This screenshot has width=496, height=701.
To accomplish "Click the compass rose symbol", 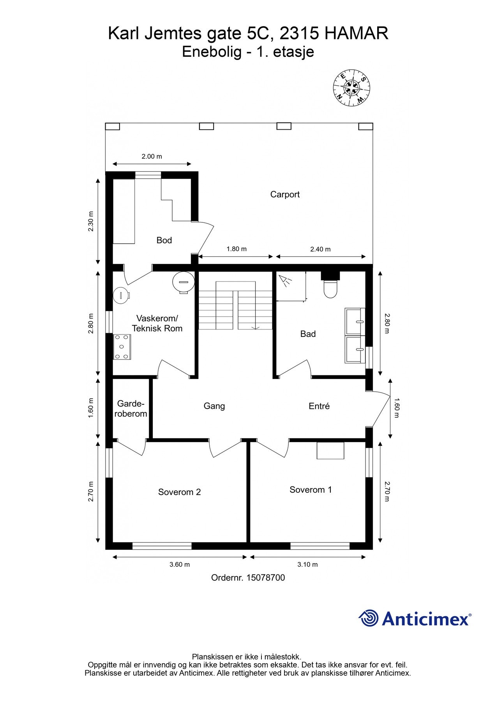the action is click(351, 87).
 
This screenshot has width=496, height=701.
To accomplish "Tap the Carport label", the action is click(285, 194).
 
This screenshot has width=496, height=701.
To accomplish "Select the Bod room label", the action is click(164, 240).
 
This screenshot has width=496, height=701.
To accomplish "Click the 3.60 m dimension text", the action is click(180, 564).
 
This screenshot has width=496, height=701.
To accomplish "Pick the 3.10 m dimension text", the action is click(307, 564).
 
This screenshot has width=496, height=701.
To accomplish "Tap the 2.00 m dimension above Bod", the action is click(152, 157).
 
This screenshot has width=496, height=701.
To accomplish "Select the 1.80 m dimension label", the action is click(237, 249).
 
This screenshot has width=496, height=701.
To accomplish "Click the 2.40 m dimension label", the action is click(320, 249).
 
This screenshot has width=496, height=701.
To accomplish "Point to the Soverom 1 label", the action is click(311, 490).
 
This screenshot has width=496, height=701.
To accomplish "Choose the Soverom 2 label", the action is click(179, 492).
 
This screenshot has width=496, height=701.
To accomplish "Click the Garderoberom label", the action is click(131, 409).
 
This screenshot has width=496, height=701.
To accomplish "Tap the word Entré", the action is click(319, 406).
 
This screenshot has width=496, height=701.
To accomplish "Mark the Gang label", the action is click(214, 406).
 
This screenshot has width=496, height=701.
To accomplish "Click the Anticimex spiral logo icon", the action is click(369, 618).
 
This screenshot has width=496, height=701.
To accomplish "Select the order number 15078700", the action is click(265, 578).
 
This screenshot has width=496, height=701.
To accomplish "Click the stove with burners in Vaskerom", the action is click(122, 346).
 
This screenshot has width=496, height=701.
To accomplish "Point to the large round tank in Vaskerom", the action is click(183, 282).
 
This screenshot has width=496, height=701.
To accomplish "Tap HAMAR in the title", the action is click(356, 33).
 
